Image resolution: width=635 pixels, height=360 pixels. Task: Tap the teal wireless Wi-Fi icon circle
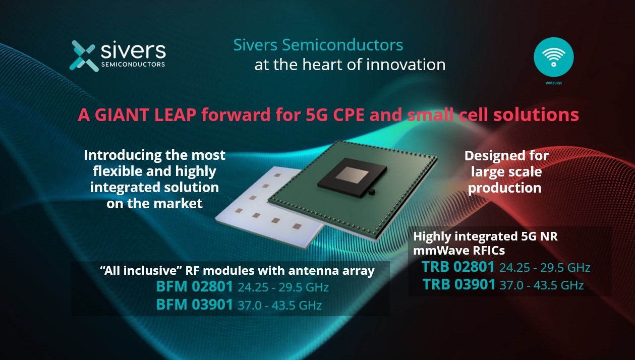click(x=553, y=56)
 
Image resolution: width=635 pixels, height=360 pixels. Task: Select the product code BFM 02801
click(x=194, y=287)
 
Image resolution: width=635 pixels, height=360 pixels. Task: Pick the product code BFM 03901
click(x=194, y=305)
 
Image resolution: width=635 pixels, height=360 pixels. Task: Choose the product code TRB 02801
click(x=458, y=267)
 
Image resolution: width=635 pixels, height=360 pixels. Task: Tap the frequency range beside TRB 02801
click(x=545, y=268)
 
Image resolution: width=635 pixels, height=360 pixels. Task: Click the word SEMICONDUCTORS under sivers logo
click(x=133, y=65)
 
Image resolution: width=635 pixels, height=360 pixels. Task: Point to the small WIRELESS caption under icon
click(x=553, y=83)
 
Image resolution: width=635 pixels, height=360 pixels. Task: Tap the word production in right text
click(x=504, y=188)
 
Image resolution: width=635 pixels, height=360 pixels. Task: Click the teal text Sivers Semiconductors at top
click(x=318, y=45)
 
